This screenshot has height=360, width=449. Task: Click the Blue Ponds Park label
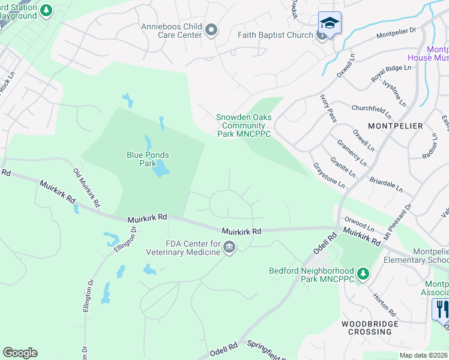click(147, 159)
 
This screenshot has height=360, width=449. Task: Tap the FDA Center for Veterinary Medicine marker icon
click(229, 247)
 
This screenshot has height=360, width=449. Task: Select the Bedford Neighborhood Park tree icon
click(363, 274)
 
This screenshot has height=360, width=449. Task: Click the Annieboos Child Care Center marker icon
click(211, 30)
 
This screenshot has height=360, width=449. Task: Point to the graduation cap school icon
click(330, 23)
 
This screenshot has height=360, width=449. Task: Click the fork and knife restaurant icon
click(442, 309)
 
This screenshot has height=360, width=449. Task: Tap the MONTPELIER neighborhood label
click(395, 126)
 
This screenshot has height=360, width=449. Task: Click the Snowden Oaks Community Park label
click(243, 125)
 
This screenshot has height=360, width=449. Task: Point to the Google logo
click(20, 353)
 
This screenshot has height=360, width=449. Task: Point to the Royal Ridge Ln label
click(390, 73)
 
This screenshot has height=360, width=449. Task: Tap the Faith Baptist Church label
click(275, 35)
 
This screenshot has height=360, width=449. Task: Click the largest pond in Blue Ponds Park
click(159, 171)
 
